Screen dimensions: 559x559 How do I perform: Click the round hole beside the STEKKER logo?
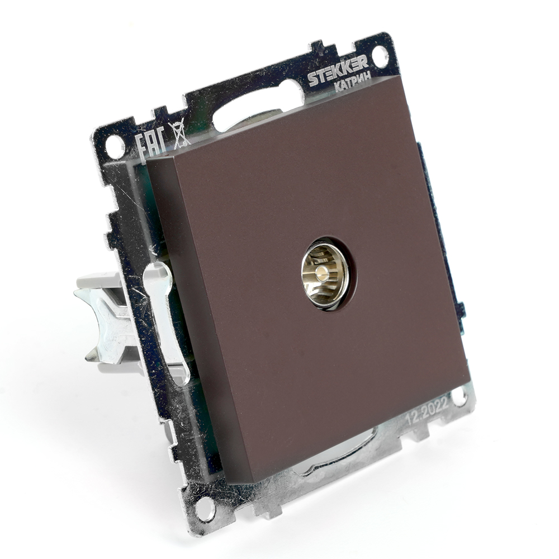tap(381, 54)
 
